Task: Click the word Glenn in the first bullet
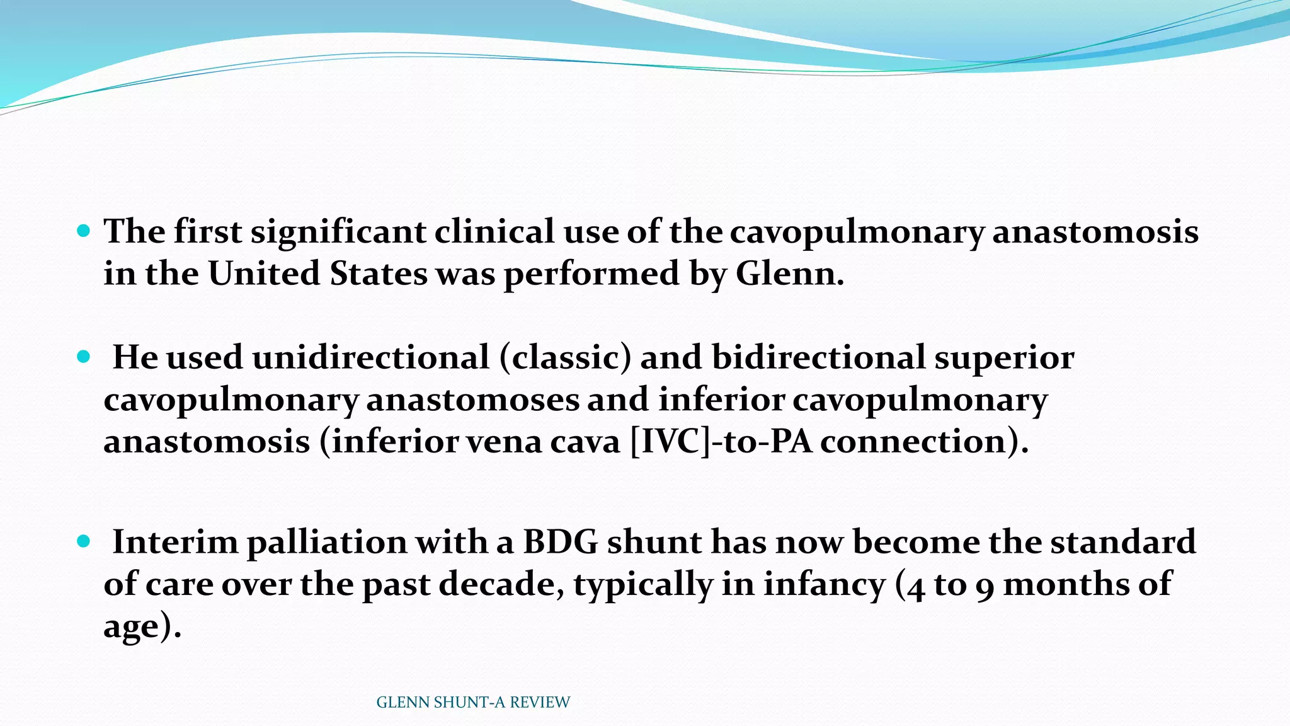(x=789, y=274)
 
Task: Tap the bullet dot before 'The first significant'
(x=83, y=231)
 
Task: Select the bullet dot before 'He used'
(x=83, y=357)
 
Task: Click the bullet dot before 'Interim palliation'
(x=83, y=541)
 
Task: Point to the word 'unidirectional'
(x=370, y=357)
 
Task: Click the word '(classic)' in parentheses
(x=565, y=357)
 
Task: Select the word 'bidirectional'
(x=818, y=357)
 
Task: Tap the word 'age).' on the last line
(x=142, y=626)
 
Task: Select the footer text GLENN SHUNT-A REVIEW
(x=472, y=702)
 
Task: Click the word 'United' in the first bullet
(x=264, y=274)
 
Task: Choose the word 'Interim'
(x=174, y=542)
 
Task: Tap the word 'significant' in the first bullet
(x=338, y=231)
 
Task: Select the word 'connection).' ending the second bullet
(x=924, y=441)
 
